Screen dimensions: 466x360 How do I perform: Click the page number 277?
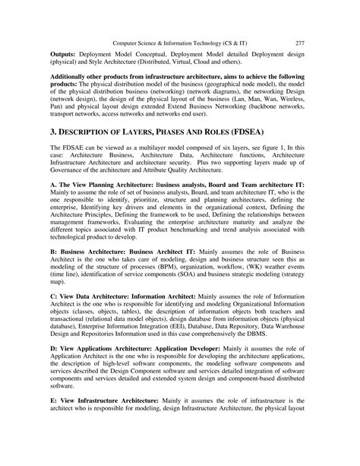click(x=299, y=21)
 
